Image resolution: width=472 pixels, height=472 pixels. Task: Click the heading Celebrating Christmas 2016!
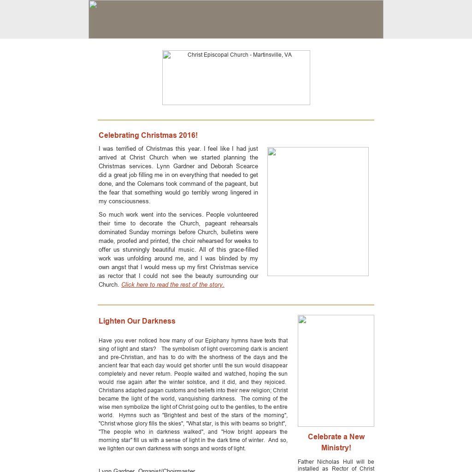tap(148, 135)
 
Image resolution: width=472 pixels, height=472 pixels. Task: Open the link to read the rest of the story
tap(173, 285)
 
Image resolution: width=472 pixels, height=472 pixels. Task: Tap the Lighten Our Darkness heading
tap(137, 321)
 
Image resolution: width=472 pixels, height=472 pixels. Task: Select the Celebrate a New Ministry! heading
tap(336, 442)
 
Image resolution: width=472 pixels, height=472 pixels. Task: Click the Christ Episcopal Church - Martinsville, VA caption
tap(239, 55)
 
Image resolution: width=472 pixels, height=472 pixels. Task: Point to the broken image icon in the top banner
tap(93, 5)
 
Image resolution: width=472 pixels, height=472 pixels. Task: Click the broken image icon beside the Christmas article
tap(272, 152)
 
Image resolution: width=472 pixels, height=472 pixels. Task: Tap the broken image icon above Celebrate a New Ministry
tap(302, 320)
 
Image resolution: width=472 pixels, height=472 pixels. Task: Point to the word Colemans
tap(151, 184)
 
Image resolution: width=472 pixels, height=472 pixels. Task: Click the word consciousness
tap(129, 201)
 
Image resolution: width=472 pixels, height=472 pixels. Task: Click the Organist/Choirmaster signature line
tap(147, 470)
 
